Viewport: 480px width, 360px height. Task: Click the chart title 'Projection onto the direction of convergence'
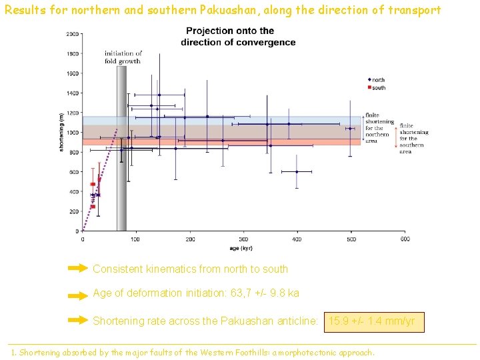(238, 37)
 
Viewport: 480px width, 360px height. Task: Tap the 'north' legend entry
(379, 80)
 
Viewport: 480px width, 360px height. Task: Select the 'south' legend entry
(379, 87)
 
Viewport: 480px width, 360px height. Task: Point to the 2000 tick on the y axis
(72, 34)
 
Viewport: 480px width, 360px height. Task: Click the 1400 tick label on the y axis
(72, 93)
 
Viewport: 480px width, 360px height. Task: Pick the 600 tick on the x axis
(404, 239)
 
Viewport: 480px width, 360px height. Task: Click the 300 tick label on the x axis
(243, 239)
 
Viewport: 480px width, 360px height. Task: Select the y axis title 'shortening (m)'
(62, 133)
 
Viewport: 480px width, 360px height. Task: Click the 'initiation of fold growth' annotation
(123, 57)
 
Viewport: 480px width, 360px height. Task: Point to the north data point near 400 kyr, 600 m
(297, 171)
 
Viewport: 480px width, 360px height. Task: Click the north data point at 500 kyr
(350, 129)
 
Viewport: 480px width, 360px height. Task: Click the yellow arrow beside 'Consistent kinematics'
(78, 269)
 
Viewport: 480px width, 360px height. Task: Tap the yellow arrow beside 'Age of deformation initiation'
(78, 294)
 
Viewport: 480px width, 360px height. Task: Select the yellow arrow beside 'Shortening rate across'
(78, 321)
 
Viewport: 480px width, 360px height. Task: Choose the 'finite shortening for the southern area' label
(413, 138)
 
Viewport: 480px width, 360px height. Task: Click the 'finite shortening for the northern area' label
(379, 128)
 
